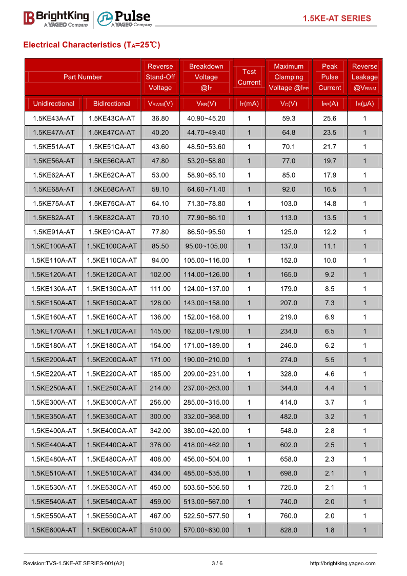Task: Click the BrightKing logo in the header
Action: pos(56,18)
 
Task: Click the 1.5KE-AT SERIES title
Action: pos(336,18)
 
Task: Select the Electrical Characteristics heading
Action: pos(92,45)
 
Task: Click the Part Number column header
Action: pos(83,77)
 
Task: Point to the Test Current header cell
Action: pos(249,77)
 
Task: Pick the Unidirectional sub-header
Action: pos(54,104)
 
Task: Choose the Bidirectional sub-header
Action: pos(112,104)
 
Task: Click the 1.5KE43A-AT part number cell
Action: pos(54,118)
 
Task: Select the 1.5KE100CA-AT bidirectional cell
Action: pos(112,246)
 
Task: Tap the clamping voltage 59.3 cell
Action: pos(289,118)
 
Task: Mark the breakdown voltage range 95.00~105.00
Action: pos(206,246)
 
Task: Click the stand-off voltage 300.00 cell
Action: pos(160,416)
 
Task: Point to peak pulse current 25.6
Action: pos(330,118)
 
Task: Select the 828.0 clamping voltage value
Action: pos(289,530)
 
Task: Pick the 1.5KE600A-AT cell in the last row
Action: pos(54,530)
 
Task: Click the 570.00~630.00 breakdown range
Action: pos(206,530)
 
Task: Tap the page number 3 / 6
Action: pos(217,563)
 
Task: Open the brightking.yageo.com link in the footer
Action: pos(342,563)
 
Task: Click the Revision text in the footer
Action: pos(74,563)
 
